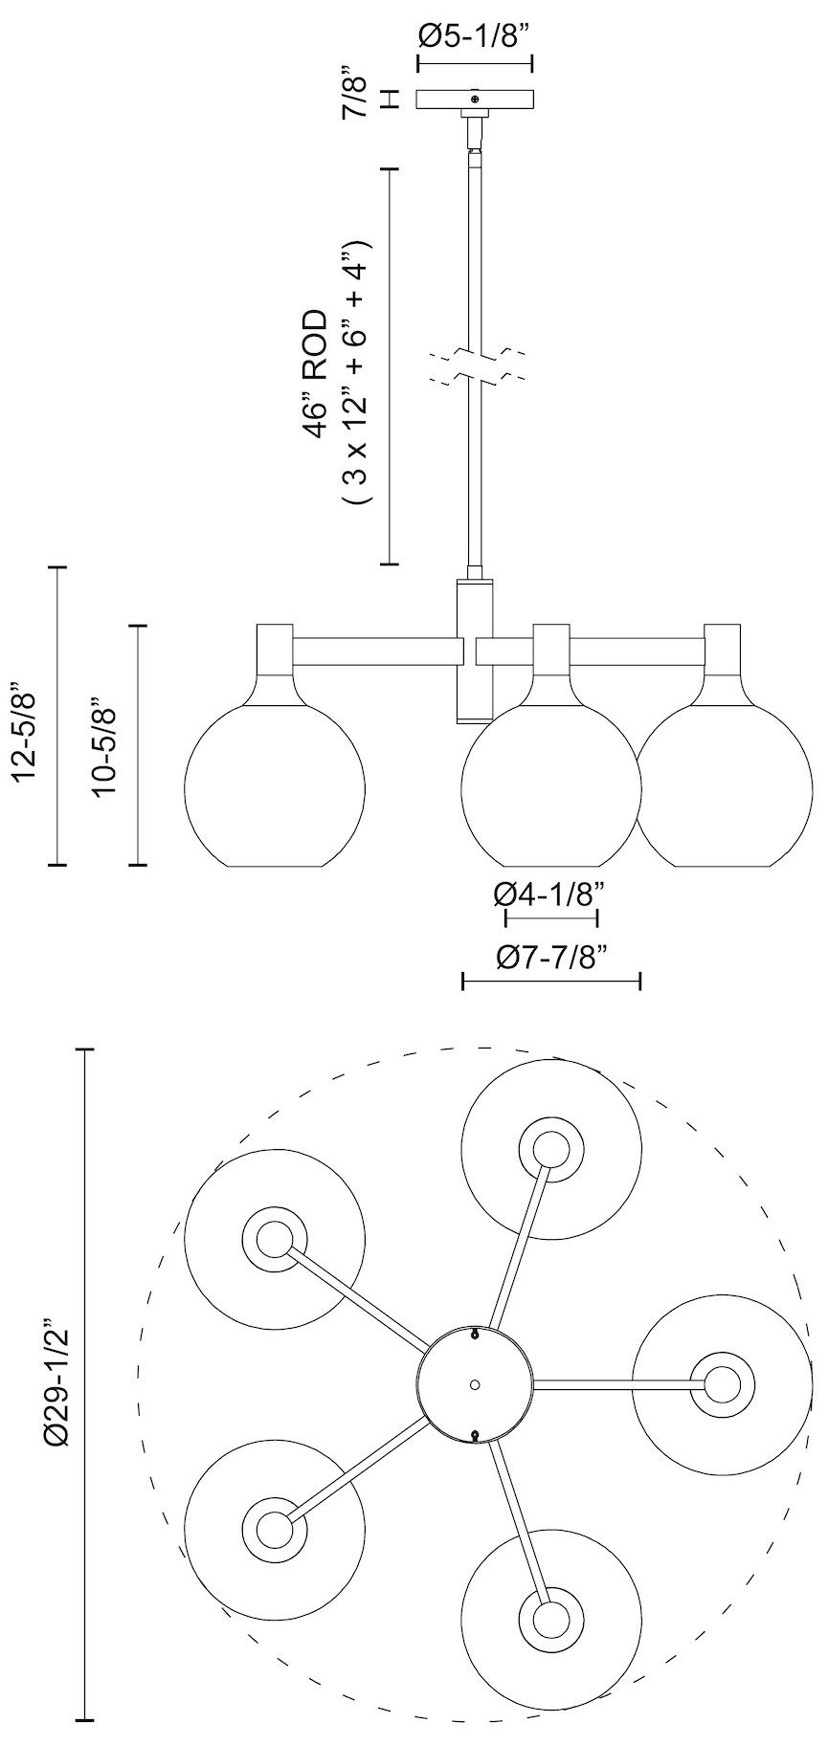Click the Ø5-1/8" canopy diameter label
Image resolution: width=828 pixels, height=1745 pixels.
click(x=474, y=36)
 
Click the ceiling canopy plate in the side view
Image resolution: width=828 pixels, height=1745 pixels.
click(x=475, y=99)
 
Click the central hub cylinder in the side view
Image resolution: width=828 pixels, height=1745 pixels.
click(x=475, y=651)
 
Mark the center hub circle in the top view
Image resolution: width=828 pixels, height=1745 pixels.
click(x=475, y=1384)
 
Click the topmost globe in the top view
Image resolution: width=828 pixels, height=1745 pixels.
click(x=550, y=1149)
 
